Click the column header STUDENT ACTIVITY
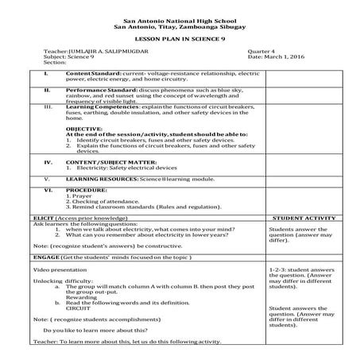[x=303, y=216]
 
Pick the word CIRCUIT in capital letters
[x=77, y=306]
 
